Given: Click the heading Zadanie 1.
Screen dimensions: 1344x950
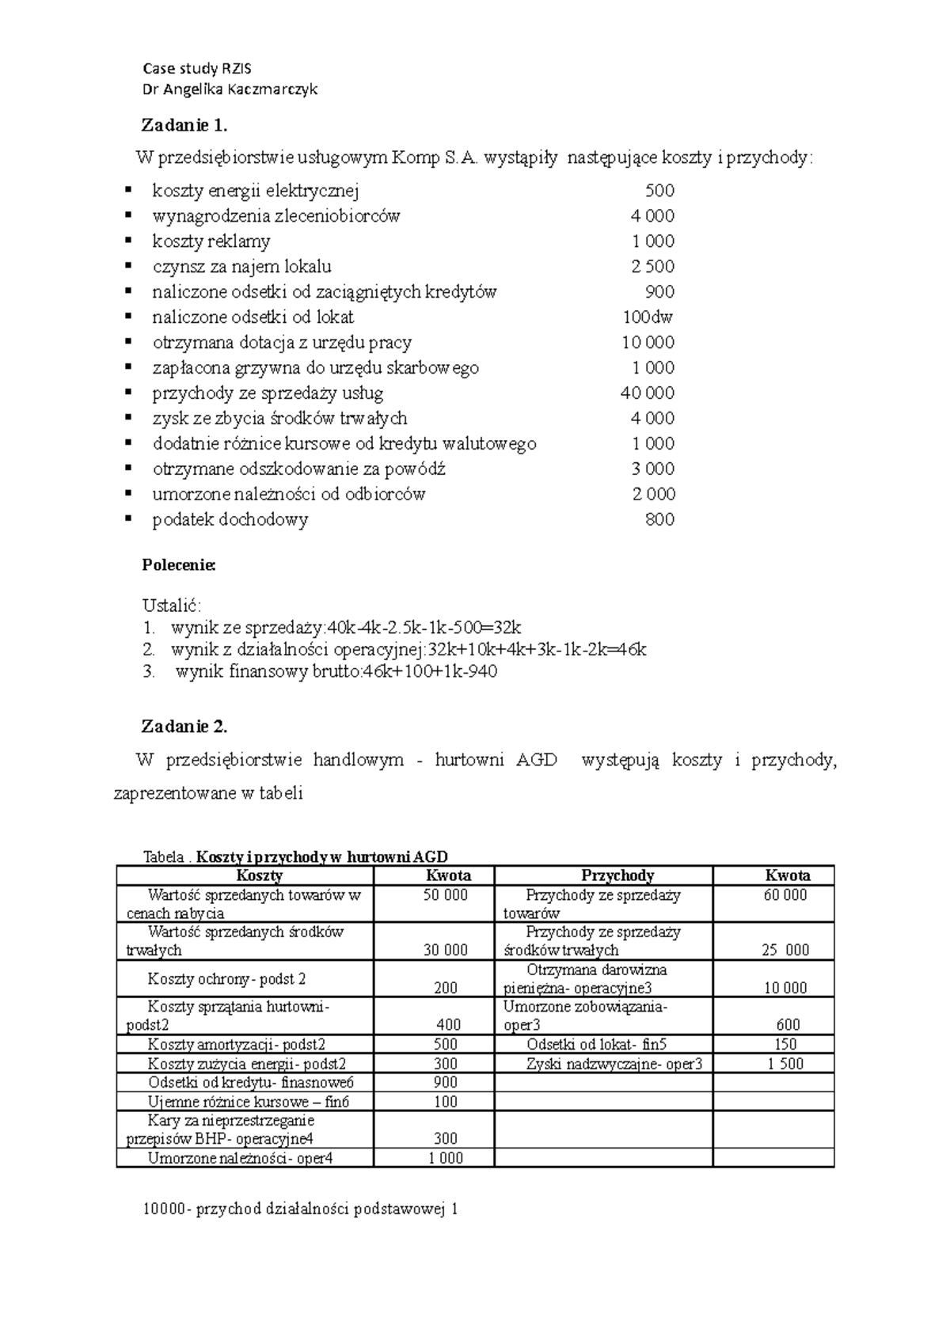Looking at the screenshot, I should (x=184, y=125).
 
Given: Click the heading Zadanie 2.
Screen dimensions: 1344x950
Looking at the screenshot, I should (x=184, y=726).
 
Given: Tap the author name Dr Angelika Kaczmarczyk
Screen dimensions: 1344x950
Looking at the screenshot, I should (x=230, y=89).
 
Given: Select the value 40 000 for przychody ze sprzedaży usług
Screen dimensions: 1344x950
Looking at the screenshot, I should (x=647, y=393).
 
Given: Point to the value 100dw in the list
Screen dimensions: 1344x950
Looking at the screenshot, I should (x=647, y=317).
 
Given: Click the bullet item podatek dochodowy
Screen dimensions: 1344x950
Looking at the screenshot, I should (x=230, y=519).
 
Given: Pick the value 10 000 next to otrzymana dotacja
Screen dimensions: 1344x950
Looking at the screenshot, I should (x=648, y=342).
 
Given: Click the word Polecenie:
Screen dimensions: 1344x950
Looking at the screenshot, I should (x=178, y=565).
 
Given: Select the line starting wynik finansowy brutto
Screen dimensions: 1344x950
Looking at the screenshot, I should (x=336, y=672).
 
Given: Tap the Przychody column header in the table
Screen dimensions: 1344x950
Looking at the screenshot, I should (x=617, y=875).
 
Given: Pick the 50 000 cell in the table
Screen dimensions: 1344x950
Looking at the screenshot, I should (x=446, y=895).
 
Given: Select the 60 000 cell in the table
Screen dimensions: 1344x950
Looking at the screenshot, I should (x=785, y=895).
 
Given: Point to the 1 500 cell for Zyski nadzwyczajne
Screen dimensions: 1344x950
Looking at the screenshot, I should (x=785, y=1064).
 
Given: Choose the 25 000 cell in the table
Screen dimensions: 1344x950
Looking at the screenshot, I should (x=785, y=950).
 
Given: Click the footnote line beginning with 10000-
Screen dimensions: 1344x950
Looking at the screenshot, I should (x=301, y=1209).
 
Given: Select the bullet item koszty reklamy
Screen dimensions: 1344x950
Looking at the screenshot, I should (x=211, y=241).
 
